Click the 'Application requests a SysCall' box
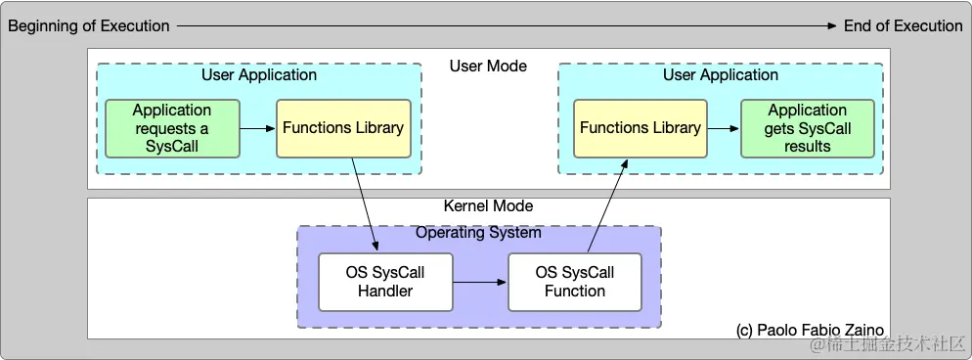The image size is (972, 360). point(172,128)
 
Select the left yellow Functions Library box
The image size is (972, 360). point(343,128)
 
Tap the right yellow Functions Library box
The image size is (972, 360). point(641,128)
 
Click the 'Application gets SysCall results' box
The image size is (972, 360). point(808,128)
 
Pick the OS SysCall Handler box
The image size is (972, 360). point(385,282)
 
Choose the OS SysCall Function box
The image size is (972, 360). point(575,282)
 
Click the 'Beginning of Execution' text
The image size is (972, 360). point(89,26)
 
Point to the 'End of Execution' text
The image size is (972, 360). point(903,26)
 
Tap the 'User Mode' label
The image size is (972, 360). point(488,67)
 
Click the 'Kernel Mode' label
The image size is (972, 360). point(488,206)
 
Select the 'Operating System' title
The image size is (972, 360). point(478,233)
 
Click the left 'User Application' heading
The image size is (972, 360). point(259,75)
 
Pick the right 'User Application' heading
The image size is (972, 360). point(721,75)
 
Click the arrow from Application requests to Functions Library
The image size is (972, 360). point(258,128)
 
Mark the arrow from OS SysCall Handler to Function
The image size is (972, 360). point(480,282)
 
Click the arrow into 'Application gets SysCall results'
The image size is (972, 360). point(724,128)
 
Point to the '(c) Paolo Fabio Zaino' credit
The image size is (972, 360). point(811,331)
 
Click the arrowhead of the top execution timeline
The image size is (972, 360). point(833,26)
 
